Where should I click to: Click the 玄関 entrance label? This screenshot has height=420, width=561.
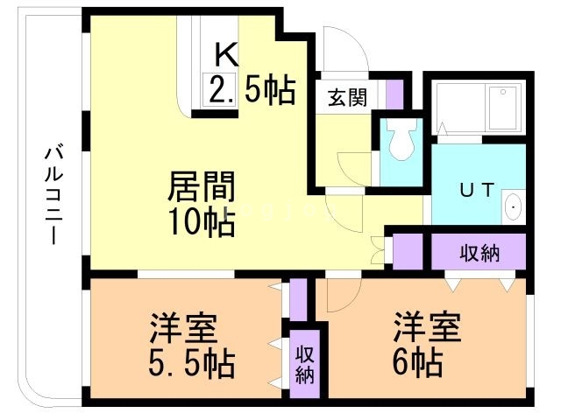pos(347,97)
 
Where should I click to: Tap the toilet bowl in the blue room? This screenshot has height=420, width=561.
pos(401,138)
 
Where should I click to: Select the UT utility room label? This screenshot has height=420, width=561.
pos(477,190)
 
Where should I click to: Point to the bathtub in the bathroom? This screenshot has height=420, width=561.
pos(479,107)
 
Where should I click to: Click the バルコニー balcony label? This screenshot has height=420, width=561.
pos(54,193)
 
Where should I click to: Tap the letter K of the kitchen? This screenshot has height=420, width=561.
pos(226,55)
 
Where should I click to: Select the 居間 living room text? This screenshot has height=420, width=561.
pos(202,186)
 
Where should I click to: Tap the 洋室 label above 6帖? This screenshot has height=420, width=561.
pos(427,326)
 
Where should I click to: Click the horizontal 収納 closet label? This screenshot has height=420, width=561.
pos(479,253)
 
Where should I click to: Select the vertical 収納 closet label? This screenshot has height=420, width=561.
pos(305,365)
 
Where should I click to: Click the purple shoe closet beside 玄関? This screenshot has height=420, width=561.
pos(395,94)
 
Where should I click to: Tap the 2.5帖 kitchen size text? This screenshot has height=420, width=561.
pos(252,90)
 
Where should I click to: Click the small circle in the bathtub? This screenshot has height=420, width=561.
pos(503,92)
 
